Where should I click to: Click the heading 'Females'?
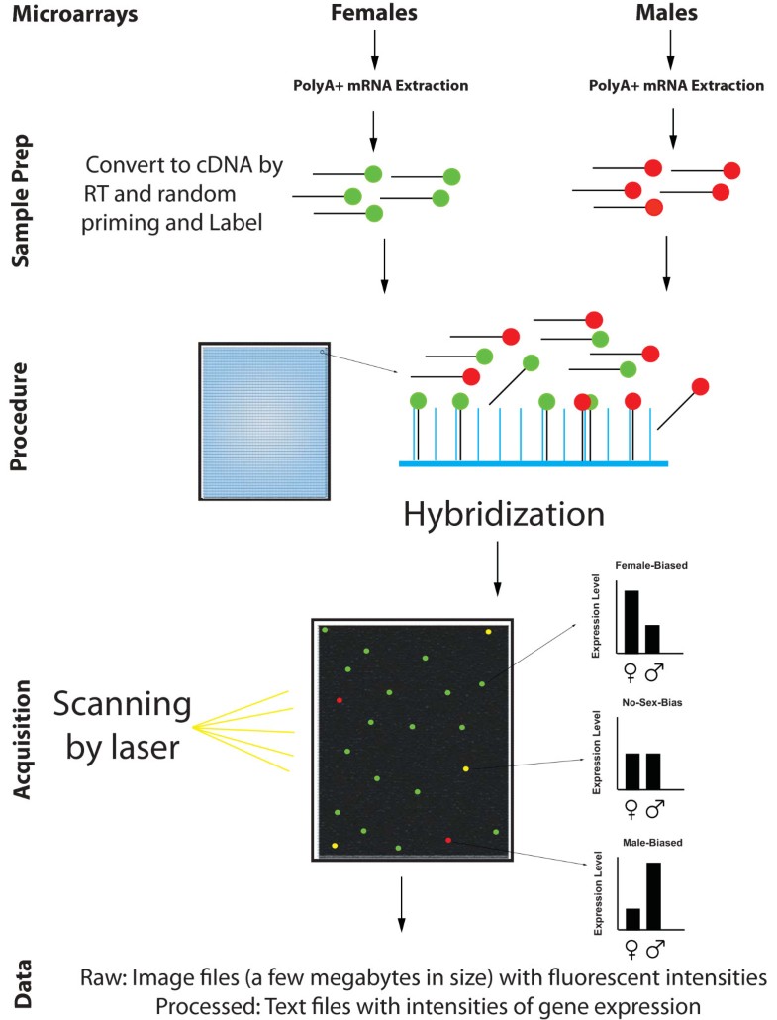coord(374,14)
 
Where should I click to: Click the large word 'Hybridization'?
coord(503,515)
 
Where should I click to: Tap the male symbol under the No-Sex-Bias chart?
coord(654,810)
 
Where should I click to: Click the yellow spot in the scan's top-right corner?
coord(488,631)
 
